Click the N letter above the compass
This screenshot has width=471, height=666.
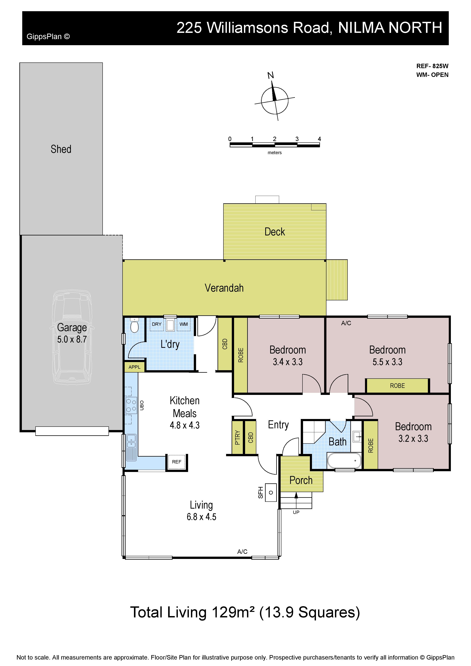point(271,75)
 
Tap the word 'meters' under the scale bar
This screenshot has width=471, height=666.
point(275,153)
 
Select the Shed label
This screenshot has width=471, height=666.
point(61,149)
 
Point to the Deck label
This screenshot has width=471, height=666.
point(275,232)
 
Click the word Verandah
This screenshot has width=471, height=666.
point(224,288)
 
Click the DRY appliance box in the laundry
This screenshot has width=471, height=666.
point(157,324)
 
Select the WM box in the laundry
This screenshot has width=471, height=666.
point(183,324)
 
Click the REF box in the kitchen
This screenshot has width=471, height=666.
point(177,462)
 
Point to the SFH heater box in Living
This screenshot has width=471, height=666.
point(271,492)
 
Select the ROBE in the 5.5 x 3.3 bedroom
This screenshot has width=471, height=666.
point(397,386)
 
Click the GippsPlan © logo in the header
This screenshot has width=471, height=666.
point(48,37)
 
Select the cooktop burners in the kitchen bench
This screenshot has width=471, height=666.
point(131,405)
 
